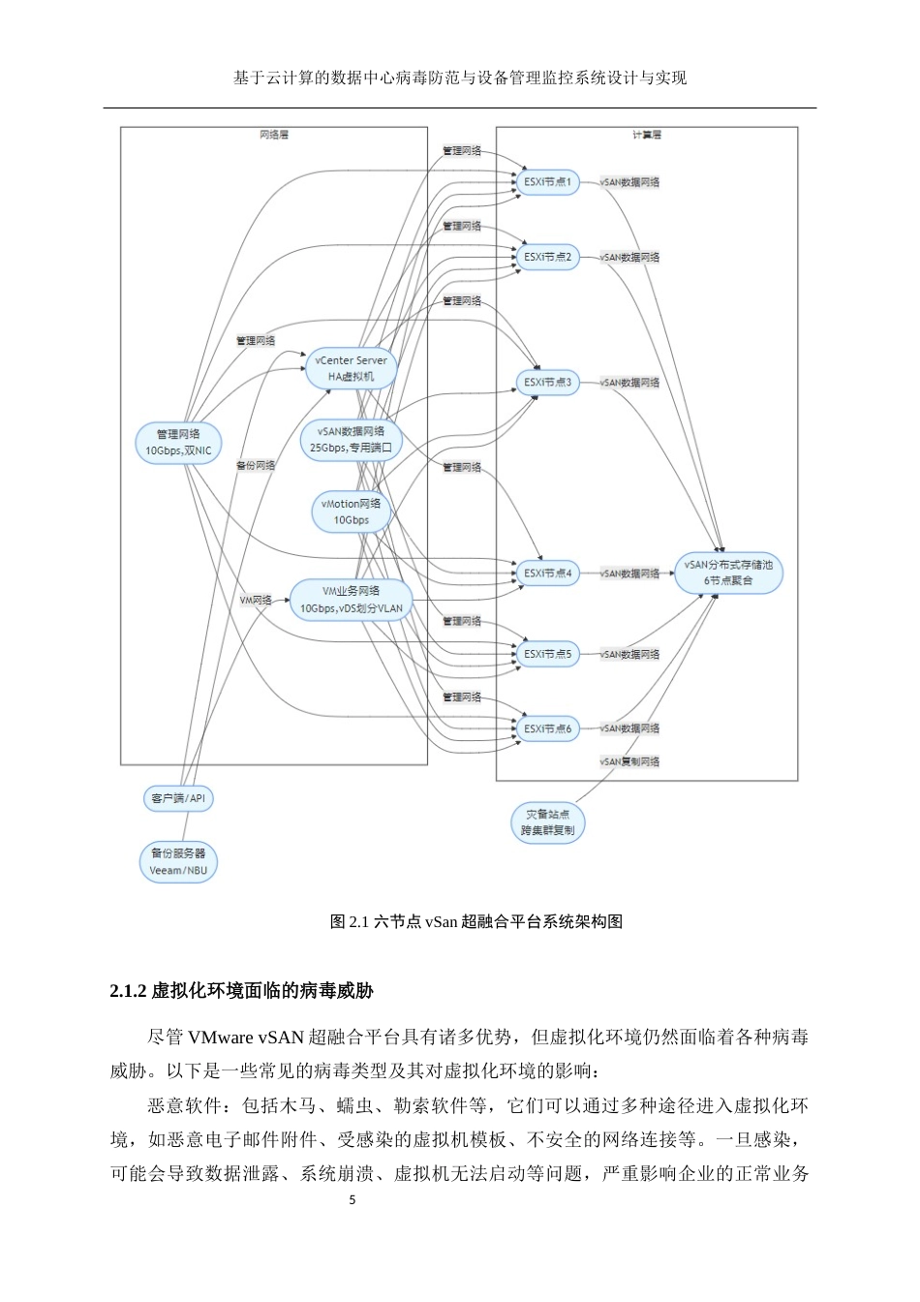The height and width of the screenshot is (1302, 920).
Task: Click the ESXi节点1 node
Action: [548, 182]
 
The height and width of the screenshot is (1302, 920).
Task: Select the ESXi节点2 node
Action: [548, 258]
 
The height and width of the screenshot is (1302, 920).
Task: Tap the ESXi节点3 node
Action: [548, 383]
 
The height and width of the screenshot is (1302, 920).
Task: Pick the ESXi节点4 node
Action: [548, 573]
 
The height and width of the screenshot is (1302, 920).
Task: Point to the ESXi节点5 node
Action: [548, 655]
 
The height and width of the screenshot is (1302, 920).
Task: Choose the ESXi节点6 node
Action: [548, 728]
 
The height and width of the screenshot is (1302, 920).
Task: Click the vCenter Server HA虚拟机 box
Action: [351, 368]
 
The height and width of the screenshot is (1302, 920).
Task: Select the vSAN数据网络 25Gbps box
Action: [351, 439]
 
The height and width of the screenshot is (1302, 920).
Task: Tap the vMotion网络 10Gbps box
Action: [351, 511]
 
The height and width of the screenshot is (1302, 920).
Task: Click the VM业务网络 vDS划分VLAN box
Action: [351, 600]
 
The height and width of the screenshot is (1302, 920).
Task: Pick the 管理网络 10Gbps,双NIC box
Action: [178, 443]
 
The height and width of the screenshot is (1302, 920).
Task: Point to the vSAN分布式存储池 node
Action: [728, 573]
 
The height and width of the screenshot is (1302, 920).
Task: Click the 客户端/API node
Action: [178, 799]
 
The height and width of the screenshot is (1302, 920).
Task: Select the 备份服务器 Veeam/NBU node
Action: [178, 861]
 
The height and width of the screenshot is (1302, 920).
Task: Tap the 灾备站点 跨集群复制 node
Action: [547, 822]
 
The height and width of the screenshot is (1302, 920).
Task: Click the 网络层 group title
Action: [274, 136]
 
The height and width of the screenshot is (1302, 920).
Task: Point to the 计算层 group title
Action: [647, 136]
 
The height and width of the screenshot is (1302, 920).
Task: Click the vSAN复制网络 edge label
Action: [629, 762]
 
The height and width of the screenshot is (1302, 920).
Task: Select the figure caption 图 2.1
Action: [475, 921]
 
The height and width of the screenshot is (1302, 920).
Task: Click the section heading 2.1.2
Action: [242, 991]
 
